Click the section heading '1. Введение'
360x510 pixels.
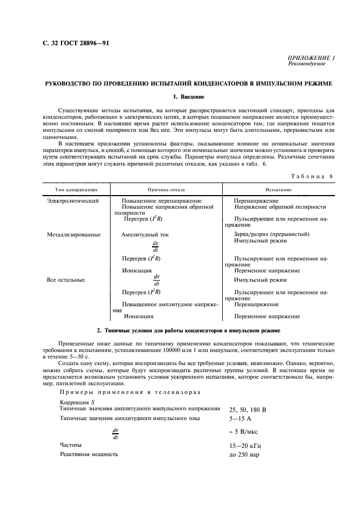(188, 97)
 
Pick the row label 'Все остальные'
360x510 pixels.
(66, 280)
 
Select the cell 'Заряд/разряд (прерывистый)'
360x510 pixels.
(271, 234)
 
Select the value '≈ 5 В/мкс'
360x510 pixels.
(245, 432)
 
